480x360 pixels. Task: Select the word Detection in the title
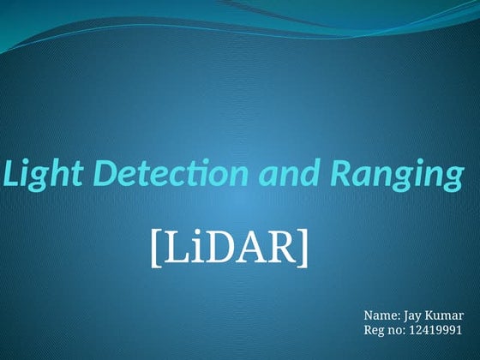[158, 175]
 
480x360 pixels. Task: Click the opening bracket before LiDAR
[155, 248]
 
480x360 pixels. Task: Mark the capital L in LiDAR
[171, 248]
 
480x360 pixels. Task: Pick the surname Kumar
[446, 315]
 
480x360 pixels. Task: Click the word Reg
[375, 331]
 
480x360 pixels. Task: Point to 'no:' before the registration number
[398, 331]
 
